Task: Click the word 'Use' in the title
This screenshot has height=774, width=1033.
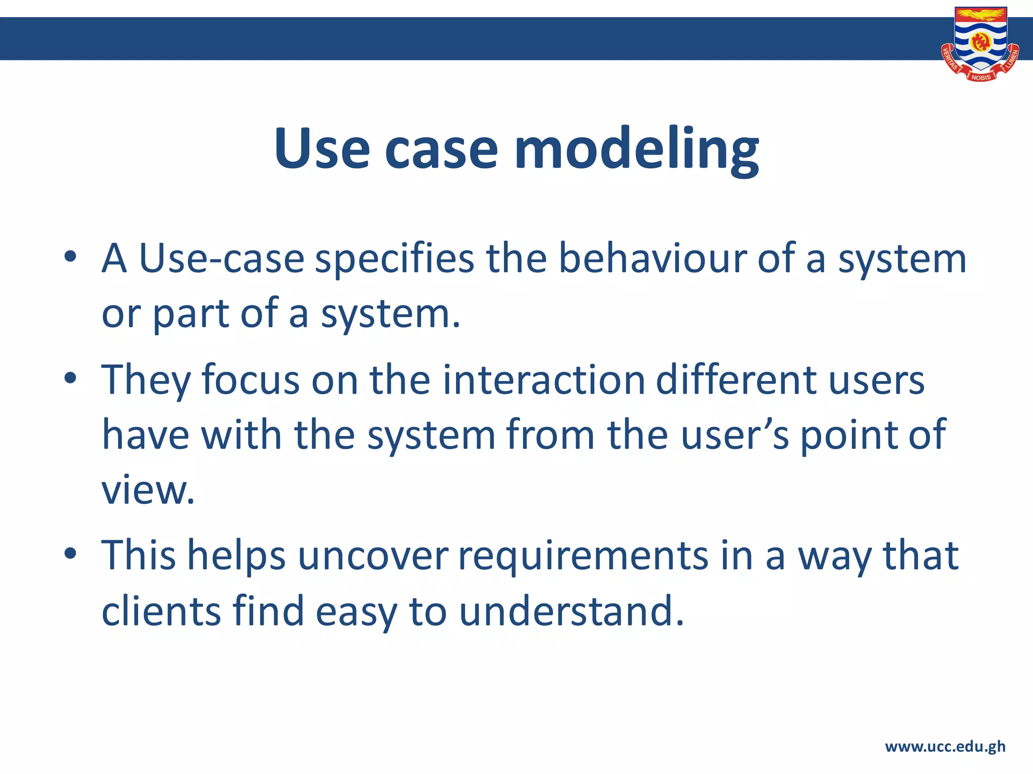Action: point(322,149)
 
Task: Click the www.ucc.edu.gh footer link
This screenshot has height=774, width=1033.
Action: point(945,746)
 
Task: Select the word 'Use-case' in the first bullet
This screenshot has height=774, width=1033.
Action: point(221,259)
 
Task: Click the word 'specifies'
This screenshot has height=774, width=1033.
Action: point(394,259)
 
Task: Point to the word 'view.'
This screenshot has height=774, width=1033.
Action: point(148,490)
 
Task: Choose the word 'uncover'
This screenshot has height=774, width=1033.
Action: point(372,556)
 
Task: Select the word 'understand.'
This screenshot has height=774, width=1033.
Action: point(571,611)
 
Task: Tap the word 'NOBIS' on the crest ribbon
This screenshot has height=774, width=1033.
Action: point(981,77)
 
